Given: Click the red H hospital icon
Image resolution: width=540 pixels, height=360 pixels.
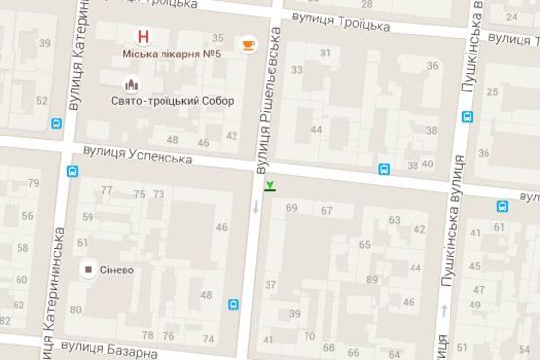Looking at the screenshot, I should [145, 37].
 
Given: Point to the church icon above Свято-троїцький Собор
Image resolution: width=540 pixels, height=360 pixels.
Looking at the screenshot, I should [144, 84].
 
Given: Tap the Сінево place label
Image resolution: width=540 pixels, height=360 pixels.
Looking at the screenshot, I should [117, 269].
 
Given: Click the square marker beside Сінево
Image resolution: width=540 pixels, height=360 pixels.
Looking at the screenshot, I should [89, 269].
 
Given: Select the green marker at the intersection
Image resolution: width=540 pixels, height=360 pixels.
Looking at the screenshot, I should [270, 186].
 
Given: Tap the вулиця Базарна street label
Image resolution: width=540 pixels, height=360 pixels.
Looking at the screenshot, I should [108, 347].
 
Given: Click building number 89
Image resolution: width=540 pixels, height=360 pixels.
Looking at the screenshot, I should [372, 280].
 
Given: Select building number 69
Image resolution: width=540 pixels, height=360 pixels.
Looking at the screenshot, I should [292, 208].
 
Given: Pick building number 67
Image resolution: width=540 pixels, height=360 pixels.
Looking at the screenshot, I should [327, 210].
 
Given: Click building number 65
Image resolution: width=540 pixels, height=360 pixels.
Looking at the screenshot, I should [365, 244].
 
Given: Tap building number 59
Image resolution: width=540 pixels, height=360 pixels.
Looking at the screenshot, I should [88, 217].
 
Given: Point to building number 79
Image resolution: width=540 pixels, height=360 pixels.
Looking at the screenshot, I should [34, 183].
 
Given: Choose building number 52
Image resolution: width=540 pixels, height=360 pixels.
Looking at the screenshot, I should [41, 100].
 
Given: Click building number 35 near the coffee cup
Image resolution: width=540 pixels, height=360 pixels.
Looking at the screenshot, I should [218, 38].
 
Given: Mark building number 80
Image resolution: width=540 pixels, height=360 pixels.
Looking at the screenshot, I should [75, 309].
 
